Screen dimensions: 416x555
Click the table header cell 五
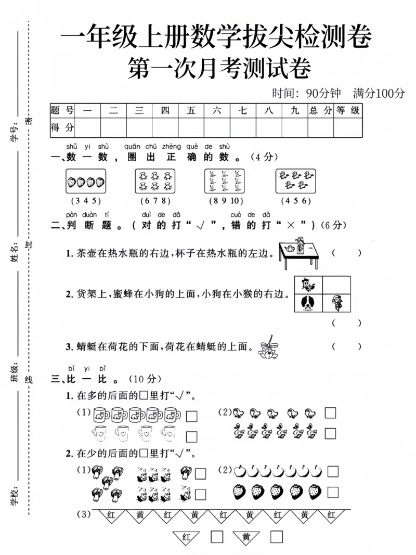click(191, 110)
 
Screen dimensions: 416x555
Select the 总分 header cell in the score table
click(321, 110)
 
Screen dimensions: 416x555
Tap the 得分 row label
click(62, 127)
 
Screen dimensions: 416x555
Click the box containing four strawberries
click(86, 182)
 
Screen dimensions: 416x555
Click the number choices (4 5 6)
click(295, 201)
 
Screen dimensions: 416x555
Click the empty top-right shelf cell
click(337, 285)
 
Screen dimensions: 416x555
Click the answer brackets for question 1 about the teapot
click(346, 253)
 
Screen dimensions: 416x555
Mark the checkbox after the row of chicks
click(330, 413)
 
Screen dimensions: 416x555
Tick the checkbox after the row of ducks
click(330, 433)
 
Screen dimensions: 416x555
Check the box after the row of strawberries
click(333, 492)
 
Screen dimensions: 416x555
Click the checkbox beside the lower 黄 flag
click(277, 537)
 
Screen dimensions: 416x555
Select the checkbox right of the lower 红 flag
click(217, 537)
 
